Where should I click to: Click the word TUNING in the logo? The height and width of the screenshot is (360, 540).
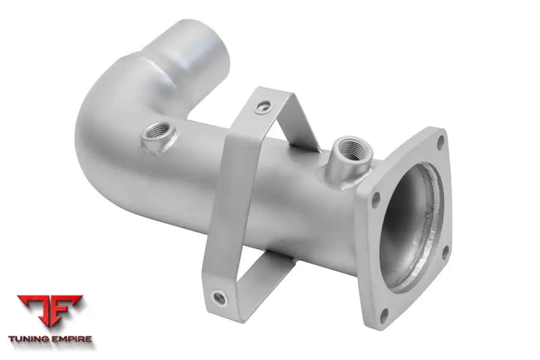coord(28,339)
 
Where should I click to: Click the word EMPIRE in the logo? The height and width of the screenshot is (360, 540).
coord(71,339)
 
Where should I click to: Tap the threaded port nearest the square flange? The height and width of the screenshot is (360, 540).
coord(349,156)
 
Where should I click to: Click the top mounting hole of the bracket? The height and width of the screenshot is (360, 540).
coord(264,106)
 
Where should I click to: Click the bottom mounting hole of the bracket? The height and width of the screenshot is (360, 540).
coord(219,298)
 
